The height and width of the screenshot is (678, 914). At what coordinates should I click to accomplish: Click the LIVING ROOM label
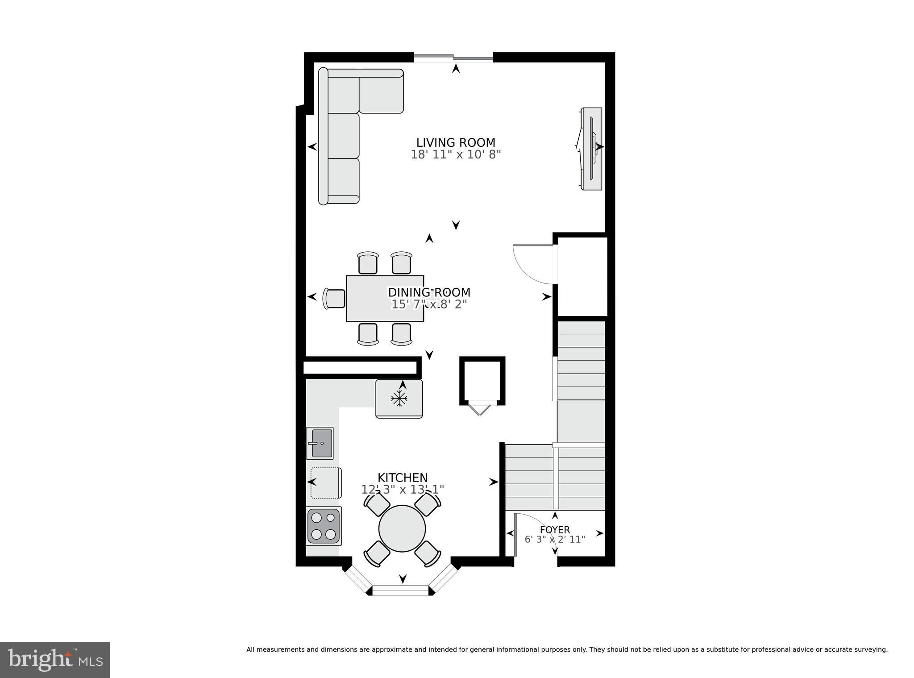(x=456, y=143)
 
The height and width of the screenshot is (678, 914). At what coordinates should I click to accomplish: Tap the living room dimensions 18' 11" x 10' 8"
(x=456, y=155)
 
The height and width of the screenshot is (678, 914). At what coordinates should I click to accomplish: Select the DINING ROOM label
(x=429, y=292)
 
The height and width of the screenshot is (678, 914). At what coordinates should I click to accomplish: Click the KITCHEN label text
(x=403, y=478)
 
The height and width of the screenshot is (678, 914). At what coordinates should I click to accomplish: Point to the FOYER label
(x=555, y=530)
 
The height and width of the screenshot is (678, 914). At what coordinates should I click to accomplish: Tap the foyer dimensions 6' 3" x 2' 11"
(x=555, y=540)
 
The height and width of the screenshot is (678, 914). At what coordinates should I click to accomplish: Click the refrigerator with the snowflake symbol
(x=399, y=399)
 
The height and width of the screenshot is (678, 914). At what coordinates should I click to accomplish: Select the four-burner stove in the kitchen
(x=324, y=526)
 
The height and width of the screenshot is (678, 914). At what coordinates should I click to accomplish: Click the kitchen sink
(x=320, y=443)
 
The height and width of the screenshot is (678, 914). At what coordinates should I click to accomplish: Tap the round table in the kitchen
(x=402, y=528)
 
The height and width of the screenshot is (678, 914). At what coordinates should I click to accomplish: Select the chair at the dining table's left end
(x=334, y=299)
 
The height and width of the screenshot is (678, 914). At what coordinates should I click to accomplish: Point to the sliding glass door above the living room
(x=453, y=57)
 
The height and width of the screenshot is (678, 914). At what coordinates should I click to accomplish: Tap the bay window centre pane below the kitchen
(x=400, y=591)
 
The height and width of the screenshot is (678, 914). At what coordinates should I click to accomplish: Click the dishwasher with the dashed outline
(x=326, y=483)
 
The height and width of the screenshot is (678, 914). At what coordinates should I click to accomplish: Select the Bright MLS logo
(x=55, y=660)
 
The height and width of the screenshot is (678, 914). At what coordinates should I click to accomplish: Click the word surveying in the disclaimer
(x=872, y=649)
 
